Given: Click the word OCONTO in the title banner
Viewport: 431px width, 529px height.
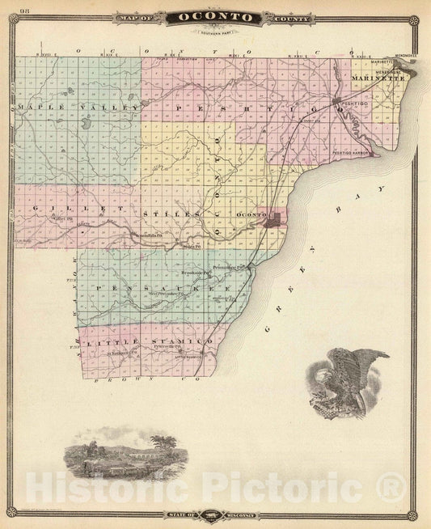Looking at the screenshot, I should coord(215,16).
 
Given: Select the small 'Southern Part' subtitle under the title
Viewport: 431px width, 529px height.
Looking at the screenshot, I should coord(215,32).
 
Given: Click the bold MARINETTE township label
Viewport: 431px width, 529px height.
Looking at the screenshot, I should coord(378,78).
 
